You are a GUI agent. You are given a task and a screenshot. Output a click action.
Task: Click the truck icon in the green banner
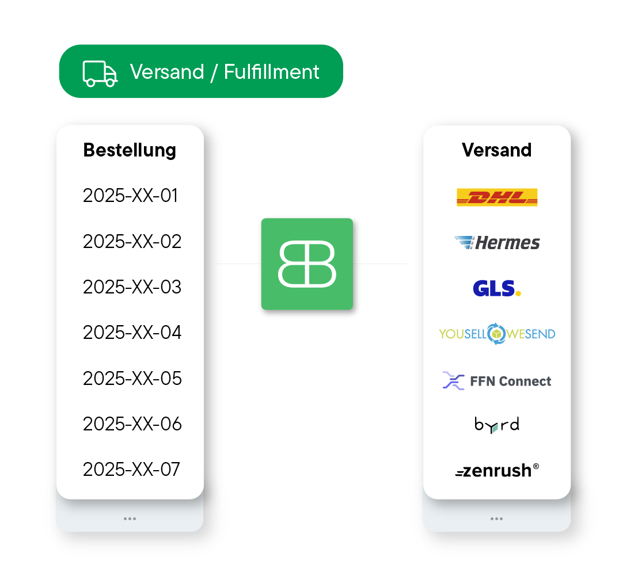click(100, 73)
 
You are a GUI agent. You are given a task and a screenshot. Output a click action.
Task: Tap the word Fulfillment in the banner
click(271, 72)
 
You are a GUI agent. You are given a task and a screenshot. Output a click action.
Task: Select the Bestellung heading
click(130, 150)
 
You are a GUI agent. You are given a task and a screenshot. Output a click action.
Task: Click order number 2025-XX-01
click(131, 196)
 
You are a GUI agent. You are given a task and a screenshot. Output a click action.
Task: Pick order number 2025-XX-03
click(132, 287)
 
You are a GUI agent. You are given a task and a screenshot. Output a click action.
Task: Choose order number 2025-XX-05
click(132, 378)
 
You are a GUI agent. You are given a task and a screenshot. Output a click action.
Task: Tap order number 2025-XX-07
click(131, 470)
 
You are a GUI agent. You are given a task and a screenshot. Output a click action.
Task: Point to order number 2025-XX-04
click(132, 333)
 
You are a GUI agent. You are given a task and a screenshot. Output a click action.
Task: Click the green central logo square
click(307, 264)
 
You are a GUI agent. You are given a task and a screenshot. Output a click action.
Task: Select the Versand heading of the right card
click(496, 150)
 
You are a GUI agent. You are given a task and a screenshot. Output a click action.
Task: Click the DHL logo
click(496, 197)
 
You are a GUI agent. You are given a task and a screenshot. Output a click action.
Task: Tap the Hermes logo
click(496, 242)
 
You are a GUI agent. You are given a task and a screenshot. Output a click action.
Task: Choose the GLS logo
click(496, 288)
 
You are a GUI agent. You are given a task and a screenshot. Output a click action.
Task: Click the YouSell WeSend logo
click(496, 334)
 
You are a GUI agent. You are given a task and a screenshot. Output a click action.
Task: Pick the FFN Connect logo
click(496, 380)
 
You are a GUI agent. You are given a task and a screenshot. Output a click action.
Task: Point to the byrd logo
click(496, 425)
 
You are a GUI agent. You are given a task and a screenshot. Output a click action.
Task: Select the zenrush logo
click(496, 471)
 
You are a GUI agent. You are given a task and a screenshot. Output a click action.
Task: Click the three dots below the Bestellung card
click(130, 518)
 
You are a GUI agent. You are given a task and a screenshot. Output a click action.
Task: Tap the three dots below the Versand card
click(496, 518)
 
